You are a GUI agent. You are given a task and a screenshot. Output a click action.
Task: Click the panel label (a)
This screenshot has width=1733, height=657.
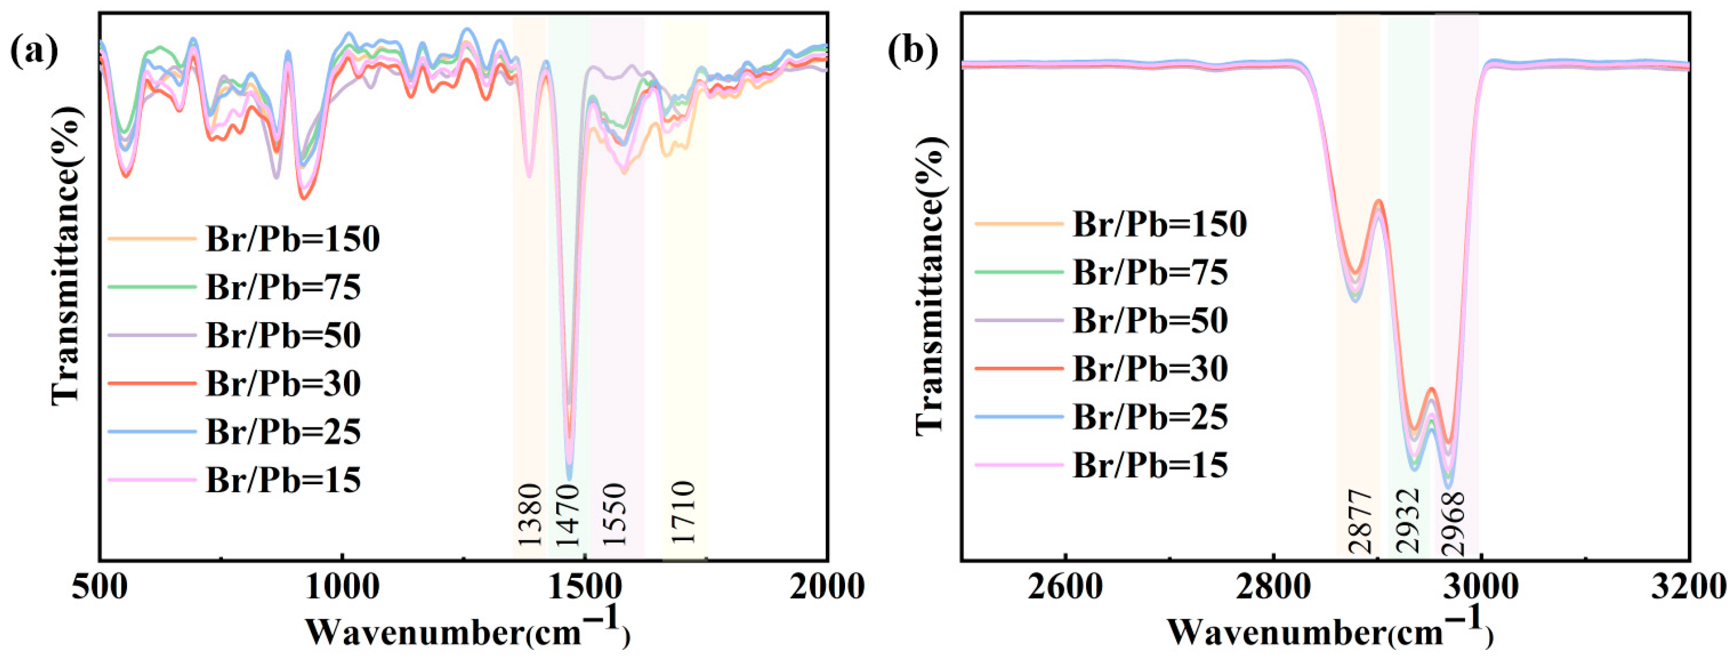tap(34, 52)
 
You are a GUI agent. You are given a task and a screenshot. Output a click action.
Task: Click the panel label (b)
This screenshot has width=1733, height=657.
tap(913, 52)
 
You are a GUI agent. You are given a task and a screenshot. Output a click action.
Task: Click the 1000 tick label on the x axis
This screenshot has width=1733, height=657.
tap(342, 587)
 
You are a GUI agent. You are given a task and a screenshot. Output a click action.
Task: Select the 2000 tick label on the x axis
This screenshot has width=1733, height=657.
tap(826, 587)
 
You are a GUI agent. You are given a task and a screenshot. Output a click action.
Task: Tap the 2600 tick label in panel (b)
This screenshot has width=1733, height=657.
tap(1065, 587)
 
